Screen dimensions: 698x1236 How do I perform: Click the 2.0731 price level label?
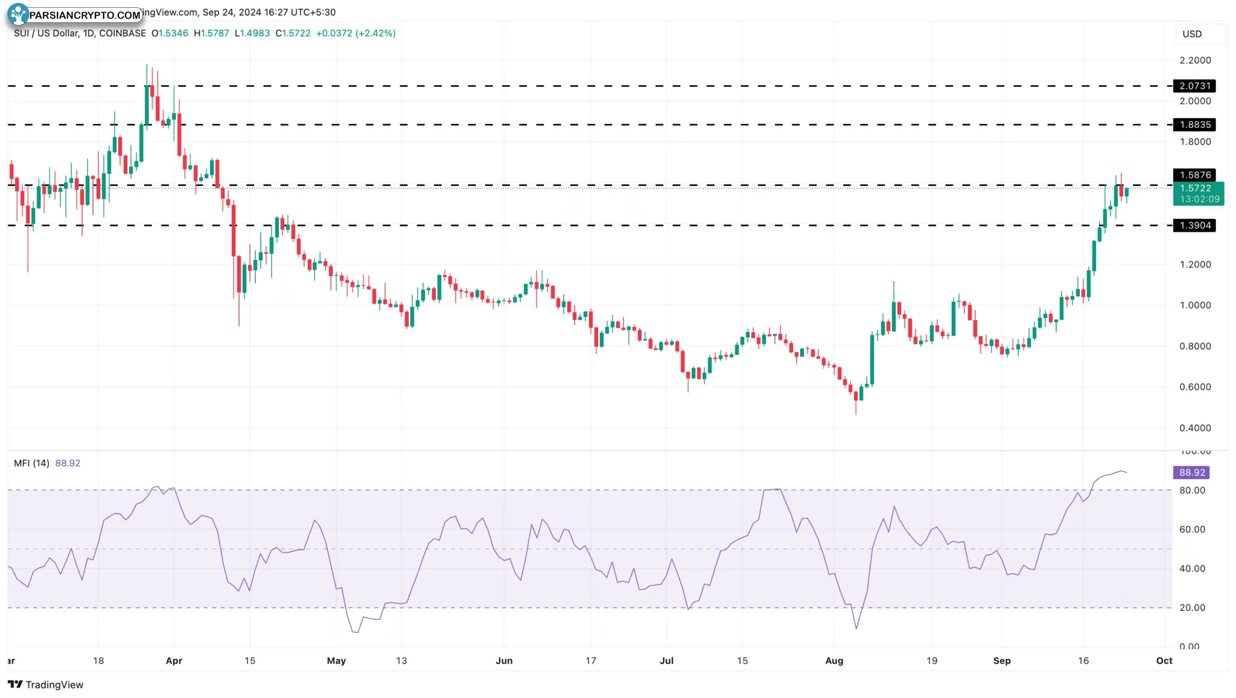(1194, 86)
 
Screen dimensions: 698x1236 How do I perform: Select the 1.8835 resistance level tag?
(1194, 125)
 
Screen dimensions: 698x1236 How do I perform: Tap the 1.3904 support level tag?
(1194, 226)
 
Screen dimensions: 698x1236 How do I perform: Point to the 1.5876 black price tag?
(1194, 175)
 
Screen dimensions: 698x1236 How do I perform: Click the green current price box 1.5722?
(1198, 194)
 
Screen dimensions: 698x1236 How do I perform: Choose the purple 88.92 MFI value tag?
(1191, 473)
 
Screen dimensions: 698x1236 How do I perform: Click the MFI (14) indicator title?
(31, 463)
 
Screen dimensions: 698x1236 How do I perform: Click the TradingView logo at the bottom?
(46, 685)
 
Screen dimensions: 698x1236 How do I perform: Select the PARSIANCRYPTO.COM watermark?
(75, 14)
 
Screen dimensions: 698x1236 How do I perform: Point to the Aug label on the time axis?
(834, 661)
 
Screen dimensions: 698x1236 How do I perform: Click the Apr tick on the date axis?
(174, 661)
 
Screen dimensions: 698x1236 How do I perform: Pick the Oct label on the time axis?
(1164, 661)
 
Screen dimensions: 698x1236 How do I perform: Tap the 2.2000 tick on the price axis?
(1195, 60)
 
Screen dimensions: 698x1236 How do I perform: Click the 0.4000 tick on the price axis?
(1195, 428)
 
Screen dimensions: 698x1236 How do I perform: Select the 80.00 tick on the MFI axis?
(1192, 490)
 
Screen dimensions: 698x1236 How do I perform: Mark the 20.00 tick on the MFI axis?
(1192, 608)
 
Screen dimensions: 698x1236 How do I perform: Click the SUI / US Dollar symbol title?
(80, 33)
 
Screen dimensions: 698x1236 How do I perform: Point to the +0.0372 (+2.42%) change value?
(355, 33)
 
